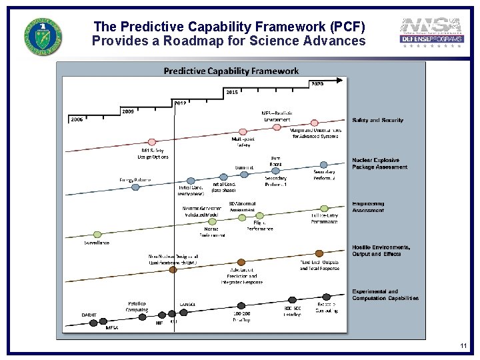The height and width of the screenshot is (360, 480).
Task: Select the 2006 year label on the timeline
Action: pyautogui.click(x=77, y=119)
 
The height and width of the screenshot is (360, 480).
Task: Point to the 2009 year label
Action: pyautogui.click(x=127, y=111)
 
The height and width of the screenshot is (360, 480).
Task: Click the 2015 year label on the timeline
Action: pyautogui.click(x=231, y=91)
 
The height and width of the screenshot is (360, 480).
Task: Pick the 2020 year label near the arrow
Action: pyautogui.click(x=317, y=84)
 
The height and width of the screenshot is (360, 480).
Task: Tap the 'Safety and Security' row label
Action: pyautogui.click(x=377, y=121)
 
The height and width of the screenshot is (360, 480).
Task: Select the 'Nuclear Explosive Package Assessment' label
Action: pyautogui.click(x=379, y=164)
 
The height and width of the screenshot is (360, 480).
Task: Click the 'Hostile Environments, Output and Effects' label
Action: pyautogui.click(x=381, y=250)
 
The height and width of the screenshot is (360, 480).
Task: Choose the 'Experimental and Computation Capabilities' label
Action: pyautogui.click(x=385, y=295)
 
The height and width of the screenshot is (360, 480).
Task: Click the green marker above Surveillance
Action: pyautogui.click(x=97, y=235)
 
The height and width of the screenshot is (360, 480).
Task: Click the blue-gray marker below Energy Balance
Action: pyautogui.click(x=136, y=187)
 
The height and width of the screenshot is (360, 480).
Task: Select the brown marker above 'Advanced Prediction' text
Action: pyautogui.click(x=241, y=263)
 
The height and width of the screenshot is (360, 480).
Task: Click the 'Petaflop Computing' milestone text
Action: pyautogui.click(x=137, y=307)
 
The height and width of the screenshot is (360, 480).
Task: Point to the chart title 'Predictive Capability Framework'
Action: pyautogui.click(x=231, y=71)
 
